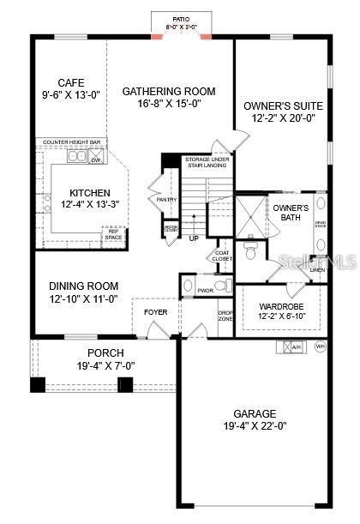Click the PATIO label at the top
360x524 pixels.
[x=181, y=19]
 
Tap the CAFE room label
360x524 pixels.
[x=70, y=82]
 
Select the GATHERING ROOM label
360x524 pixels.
[x=169, y=91]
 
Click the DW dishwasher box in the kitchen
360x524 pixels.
[x=96, y=160]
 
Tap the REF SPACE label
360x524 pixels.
[x=113, y=233]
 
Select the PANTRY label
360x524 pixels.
[x=166, y=200]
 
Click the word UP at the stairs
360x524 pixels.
[x=194, y=238]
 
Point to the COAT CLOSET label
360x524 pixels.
[x=222, y=256]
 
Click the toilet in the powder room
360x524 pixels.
[x=219, y=284]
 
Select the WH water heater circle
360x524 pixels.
[x=321, y=346]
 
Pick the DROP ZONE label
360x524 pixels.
[x=226, y=316]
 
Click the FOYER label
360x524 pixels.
[x=155, y=312]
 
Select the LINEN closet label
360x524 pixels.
[x=317, y=270]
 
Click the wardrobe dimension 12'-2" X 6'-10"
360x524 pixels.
[x=279, y=316]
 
